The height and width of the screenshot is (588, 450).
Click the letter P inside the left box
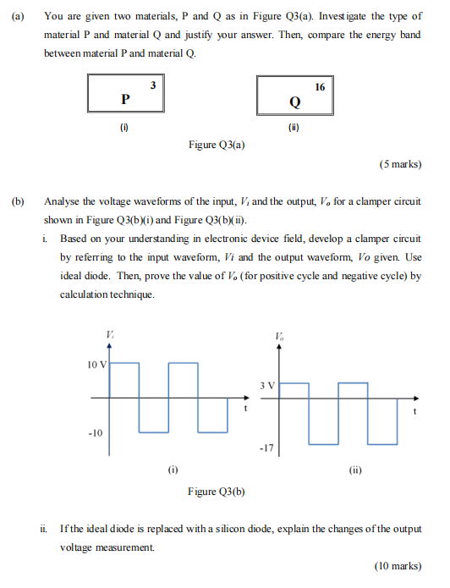coord(126,99)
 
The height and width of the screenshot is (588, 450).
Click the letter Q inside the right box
coord(294,102)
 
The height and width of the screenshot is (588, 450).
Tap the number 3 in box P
coord(151,85)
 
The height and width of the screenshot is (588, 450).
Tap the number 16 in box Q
coord(319,87)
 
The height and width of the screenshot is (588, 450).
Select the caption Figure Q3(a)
coord(217,145)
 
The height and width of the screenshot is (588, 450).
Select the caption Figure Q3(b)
coord(217,492)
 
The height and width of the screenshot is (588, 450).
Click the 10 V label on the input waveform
coord(96,365)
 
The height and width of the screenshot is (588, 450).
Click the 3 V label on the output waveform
coord(267,386)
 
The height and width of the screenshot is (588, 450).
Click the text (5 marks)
coord(400,164)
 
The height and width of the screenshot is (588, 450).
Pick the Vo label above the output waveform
coord(280,335)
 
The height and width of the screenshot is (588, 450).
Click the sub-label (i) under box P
coord(123,129)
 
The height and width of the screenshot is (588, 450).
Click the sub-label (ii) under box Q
coord(293,129)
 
